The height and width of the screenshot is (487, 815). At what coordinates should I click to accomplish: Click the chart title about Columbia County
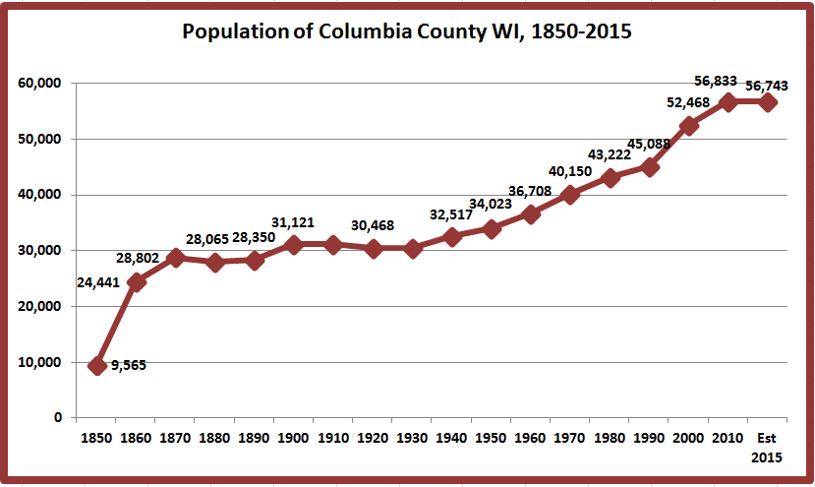point(406,31)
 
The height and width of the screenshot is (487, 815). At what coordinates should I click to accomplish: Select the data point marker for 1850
point(96,366)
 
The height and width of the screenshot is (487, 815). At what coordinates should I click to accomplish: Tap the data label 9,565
point(129,365)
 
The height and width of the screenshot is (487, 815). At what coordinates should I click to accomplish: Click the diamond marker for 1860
point(137,282)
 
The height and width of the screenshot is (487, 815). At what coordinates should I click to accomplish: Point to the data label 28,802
point(138,258)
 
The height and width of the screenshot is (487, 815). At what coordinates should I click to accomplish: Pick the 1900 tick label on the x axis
point(293,438)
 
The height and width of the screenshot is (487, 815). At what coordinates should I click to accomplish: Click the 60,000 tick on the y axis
point(39,84)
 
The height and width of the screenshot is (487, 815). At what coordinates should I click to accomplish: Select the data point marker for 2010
point(728,102)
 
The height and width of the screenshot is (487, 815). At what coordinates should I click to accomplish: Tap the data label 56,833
point(716,81)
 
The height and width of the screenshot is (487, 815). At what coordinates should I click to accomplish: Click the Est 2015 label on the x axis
point(767,448)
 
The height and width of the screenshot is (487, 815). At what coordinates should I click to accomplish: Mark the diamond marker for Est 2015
point(767,102)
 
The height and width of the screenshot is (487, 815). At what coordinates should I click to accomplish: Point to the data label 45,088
point(649,144)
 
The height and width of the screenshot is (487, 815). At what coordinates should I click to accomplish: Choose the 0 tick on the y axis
point(58,418)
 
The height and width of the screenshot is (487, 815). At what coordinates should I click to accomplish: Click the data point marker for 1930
point(412,249)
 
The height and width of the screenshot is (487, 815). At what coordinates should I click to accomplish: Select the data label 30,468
point(373,226)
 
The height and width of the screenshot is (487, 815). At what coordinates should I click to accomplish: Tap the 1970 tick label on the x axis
point(569,438)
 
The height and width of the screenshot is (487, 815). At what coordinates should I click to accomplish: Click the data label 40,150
point(570,172)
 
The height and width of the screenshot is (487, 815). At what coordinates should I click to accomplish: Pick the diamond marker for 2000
point(688,126)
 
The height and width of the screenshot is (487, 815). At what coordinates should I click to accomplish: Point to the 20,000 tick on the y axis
point(39,306)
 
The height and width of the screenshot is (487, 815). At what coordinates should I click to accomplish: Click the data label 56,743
point(767,86)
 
